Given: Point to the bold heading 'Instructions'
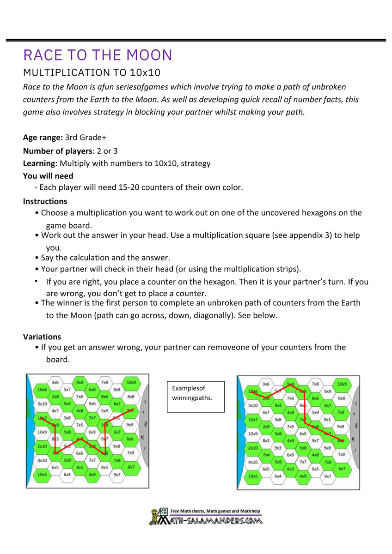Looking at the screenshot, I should click(x=45, y=201).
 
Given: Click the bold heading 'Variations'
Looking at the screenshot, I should click(x=42, y=337).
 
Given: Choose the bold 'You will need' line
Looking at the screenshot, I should click(x=48, y=176).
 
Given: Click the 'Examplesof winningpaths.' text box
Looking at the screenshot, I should click(x=196, y=396).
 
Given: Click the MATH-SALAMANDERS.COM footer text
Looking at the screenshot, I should click(x=215, y=521).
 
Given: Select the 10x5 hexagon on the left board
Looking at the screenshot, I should click(x=42, y=474).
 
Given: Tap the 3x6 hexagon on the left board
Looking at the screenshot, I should click(x=55, y=382).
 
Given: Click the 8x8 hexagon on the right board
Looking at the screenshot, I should click(x=342, y=398).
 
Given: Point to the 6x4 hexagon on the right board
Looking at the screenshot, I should click(x=278, y=476).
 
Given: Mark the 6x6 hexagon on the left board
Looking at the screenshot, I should click(x=80, y=453).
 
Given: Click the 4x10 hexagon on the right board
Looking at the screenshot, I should click(x=252, y=462).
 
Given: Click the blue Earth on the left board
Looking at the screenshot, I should click(x=30, y=429).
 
